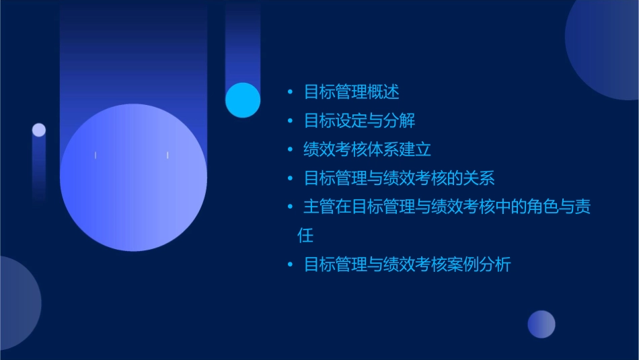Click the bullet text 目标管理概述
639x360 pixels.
click(x=352, y=92)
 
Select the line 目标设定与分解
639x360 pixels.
click(x=359, y=120)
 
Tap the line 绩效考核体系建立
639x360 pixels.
click(x=367, y=149)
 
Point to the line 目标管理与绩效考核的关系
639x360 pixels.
click(x=400, y=178)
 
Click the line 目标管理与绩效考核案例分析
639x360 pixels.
click(x=408, y=264)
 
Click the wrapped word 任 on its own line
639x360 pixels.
click(x=305, y=236)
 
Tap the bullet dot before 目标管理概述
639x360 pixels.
click(x=290, y=92)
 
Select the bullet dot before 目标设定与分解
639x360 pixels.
click(x=290, y=121)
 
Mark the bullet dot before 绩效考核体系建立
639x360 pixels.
click(x=290, y=149)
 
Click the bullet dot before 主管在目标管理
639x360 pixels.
click(x=290, y=207)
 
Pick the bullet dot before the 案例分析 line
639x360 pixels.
click(x=290, y=264)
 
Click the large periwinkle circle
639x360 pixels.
click(x=133, y=177)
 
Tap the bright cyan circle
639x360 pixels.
click(x=243, y=100)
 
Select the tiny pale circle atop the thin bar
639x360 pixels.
click(x=39, y=130)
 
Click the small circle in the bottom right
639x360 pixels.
click(x=541, y=324)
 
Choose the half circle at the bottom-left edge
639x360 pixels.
click(x=16, y=303)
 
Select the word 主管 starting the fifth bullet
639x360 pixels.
click(x=319, y=207)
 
